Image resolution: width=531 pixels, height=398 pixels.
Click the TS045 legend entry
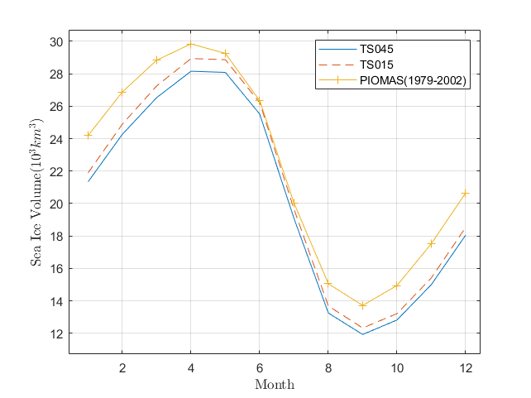tap(393, 49)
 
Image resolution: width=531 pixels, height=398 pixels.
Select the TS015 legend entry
tap(393, 65)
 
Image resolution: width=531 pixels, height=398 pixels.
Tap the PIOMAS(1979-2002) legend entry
tap(393, 80)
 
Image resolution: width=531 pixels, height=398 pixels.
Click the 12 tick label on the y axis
tap(56, 333)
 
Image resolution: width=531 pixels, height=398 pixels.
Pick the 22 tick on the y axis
tap(56, 171)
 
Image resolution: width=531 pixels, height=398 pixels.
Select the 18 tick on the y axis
tap(56, 236)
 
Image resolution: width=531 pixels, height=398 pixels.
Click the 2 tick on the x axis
tap(122, 367)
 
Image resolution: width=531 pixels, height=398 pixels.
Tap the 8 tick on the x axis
tap(328, 367)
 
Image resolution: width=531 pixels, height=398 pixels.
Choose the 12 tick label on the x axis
tap(465, 367)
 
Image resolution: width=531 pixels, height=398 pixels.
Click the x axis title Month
tap(274, 384)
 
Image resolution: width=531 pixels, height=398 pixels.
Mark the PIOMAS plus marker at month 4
tap(191, 44)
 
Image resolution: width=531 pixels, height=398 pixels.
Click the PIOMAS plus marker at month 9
tap(362, 305)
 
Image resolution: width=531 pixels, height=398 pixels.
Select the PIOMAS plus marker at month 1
tap(88, 135)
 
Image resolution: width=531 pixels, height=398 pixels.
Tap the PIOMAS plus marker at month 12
tap(465, 194)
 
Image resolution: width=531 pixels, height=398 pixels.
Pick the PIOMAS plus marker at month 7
tap(294, 203)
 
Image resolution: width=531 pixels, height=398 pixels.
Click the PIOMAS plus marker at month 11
tap(431, 243)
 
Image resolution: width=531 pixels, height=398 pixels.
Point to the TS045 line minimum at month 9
tap(362, 334)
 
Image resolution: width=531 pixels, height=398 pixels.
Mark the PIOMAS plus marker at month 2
tap(122, 92)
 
